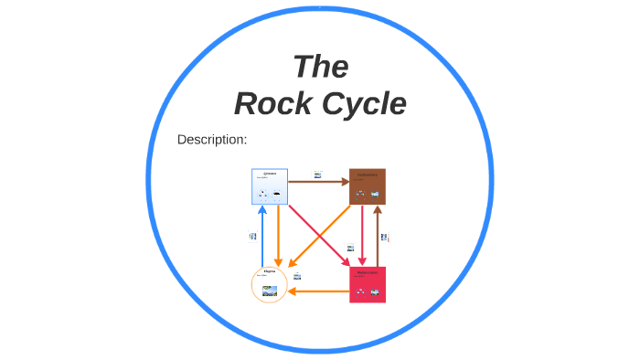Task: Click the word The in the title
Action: click(x=320, y=67)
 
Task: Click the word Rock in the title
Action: click(x=270, y=104)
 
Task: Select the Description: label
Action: click(x=212, y=140)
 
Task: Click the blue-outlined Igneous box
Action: click(x=270, y=186)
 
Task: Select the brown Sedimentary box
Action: click(x=368, y=186)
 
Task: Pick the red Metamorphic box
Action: click(x=368, y=284)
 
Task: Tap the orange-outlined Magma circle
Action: click(x=270, y=284)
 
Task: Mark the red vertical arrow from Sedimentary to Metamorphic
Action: click(x=362, y=235)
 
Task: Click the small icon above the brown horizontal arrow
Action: click(x=318, y=174)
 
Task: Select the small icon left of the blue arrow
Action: click(x=252, y=236)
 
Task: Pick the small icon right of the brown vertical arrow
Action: click(x=385, y=238)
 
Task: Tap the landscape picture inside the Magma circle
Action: click(x=270, y=292)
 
